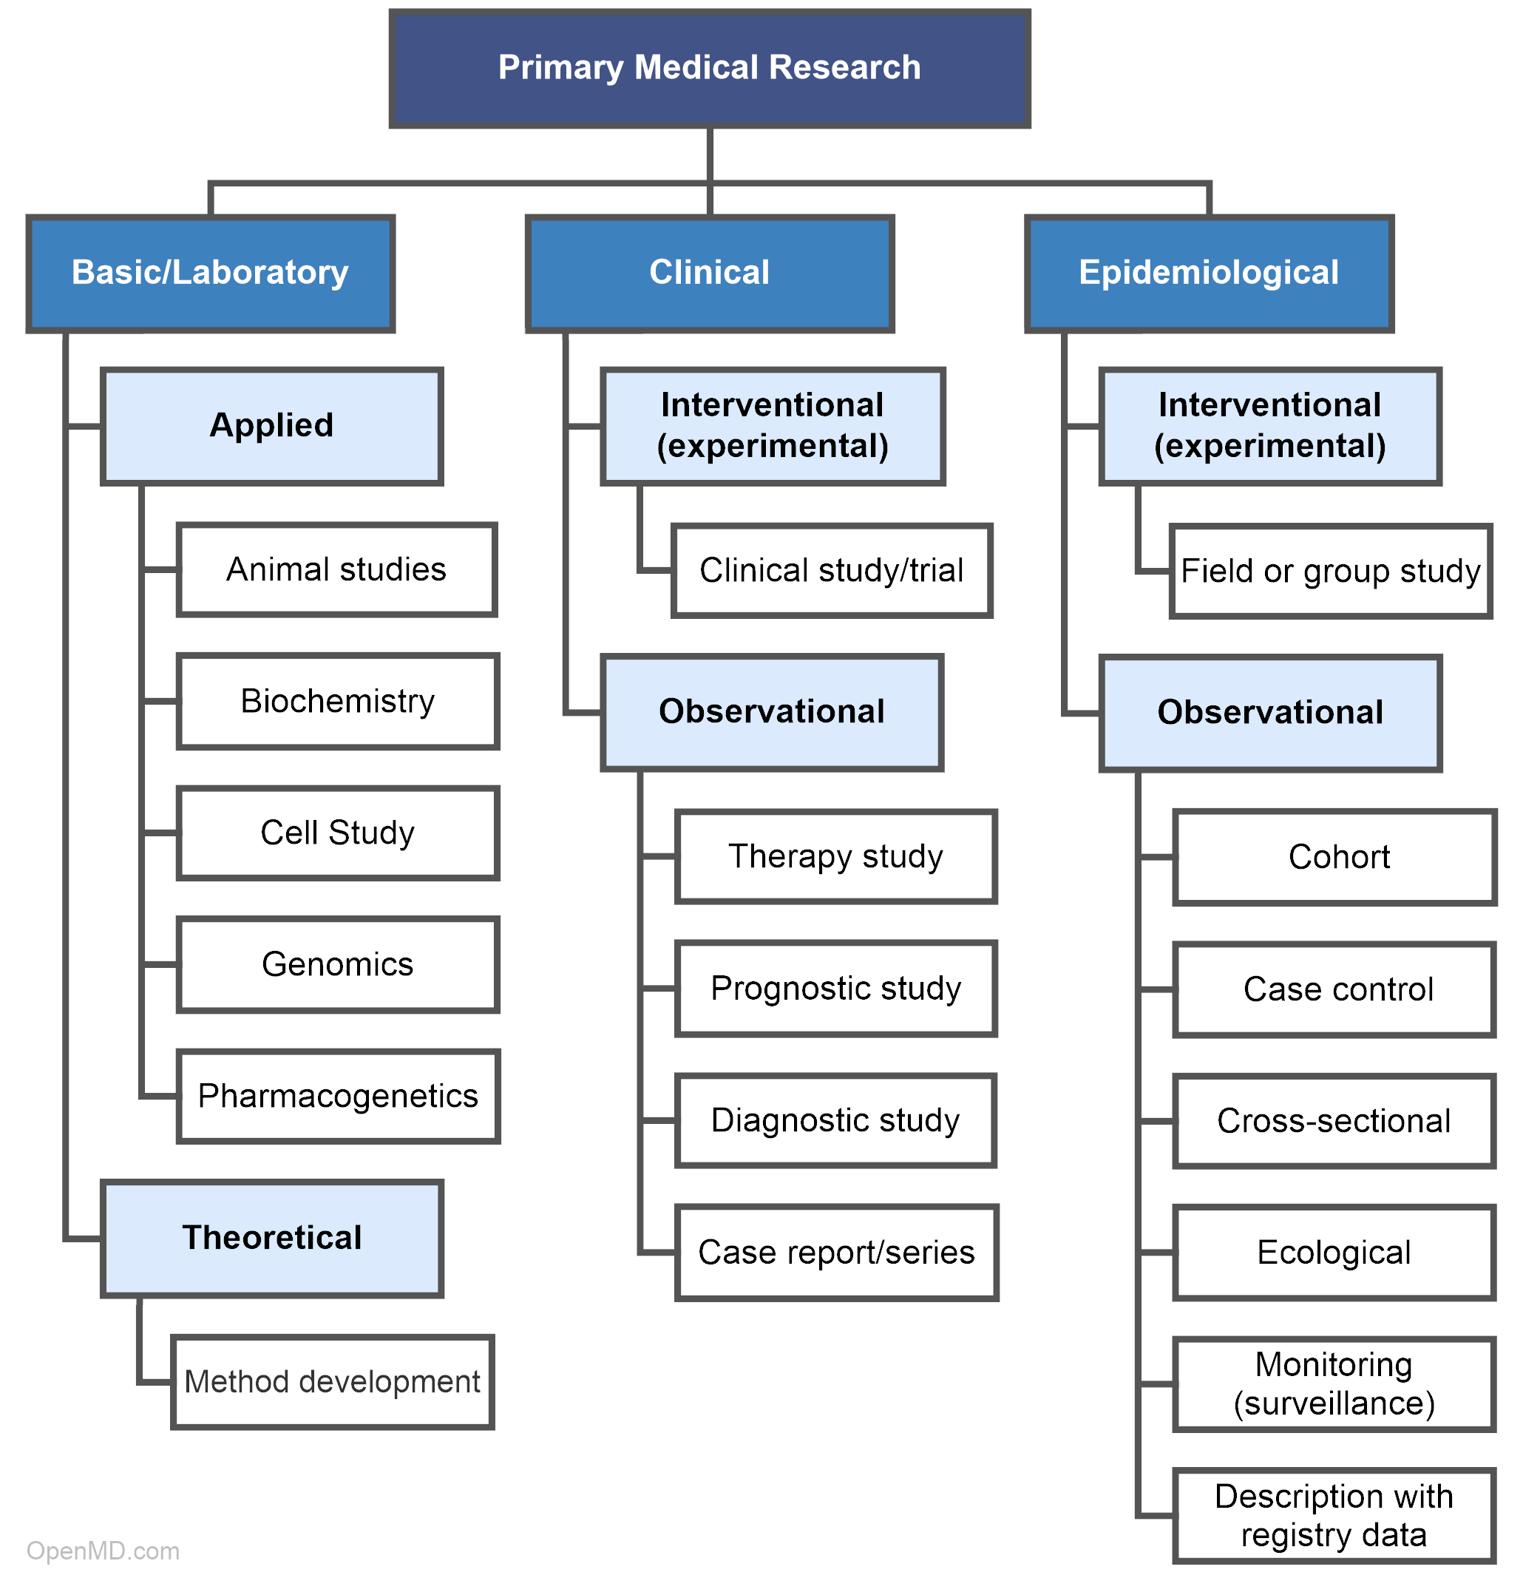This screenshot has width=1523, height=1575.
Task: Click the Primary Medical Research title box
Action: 709,68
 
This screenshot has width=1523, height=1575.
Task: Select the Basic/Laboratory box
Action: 211,273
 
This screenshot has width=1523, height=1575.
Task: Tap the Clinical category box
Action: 709,273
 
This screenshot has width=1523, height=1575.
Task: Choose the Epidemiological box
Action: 1209,273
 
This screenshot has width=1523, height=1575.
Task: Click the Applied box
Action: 271,426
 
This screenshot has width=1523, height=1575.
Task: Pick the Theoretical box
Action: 271,1239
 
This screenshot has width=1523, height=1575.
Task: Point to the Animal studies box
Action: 336,569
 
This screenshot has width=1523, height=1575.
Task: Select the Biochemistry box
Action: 337,702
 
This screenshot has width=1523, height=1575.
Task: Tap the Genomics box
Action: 337,964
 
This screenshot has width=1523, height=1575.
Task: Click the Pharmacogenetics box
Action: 337,1096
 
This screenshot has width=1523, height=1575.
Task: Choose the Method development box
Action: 333,1382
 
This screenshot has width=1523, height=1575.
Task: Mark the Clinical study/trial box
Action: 832,571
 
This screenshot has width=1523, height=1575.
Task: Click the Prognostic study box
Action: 836,989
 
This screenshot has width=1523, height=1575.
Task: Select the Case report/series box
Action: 836,1253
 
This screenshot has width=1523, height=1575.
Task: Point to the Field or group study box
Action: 1330,572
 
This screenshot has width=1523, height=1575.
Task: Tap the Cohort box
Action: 1334,858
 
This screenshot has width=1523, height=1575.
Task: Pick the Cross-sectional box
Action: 1334,1121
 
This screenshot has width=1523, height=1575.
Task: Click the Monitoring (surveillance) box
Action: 1334,1384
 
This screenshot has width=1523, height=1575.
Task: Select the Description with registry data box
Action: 1334,1517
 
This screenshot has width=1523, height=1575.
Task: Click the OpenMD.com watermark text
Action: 103,1551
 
